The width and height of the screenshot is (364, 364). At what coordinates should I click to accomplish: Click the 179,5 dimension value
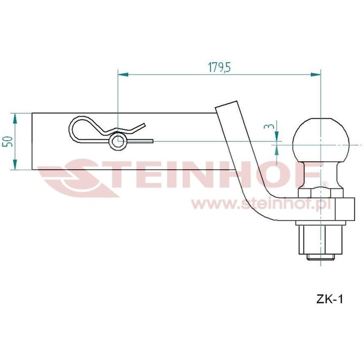(x=219, y=67)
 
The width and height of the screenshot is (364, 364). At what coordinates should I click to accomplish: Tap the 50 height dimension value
(x=7, y=141)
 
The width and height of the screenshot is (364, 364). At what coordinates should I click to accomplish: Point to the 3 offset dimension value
(x=269, y=126)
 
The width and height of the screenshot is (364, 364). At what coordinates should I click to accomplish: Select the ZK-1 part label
(x=329, y=299)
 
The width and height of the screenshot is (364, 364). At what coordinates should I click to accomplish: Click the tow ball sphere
(x=321, y=141)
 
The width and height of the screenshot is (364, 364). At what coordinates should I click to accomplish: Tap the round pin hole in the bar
(x=118, y=141)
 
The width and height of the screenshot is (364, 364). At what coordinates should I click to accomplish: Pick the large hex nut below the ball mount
(x=321, y=240)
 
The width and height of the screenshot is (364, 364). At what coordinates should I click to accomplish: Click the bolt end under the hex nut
(x=321, y=257)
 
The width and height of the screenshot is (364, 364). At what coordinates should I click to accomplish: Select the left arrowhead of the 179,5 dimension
(x=123, y=74)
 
